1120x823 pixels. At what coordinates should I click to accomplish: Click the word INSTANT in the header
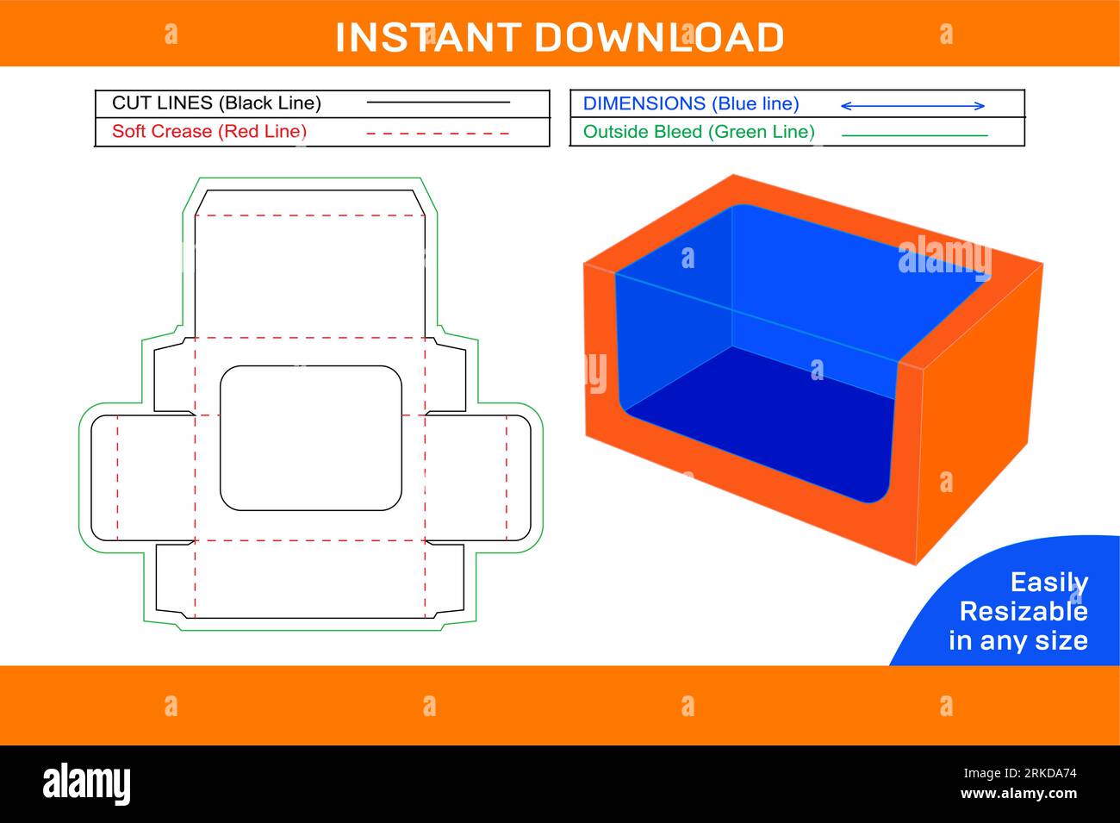(427, 38)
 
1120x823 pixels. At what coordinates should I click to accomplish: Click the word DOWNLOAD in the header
(659, 38)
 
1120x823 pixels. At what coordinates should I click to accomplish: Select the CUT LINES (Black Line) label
(216, 103)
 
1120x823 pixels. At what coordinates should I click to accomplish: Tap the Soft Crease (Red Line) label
(209, 132)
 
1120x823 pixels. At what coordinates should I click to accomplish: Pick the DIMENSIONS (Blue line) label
(691, 104)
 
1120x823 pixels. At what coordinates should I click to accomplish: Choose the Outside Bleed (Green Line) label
(699, 132)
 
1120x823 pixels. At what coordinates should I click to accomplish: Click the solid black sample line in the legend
(438, 103)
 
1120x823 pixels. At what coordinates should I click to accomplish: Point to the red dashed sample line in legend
(438, 134)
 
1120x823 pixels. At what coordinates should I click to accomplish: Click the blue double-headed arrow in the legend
(912, 106)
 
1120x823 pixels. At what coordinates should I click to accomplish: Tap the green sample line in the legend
(914, 135)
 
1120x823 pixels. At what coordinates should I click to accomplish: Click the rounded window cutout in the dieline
(311, 438)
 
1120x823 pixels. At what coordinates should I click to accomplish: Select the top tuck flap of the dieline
(310, 203)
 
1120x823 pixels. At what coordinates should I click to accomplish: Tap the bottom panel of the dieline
(310, 579)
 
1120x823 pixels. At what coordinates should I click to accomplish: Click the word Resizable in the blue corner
(1023, 612)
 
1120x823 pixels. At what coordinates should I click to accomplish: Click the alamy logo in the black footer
(87, 784)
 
